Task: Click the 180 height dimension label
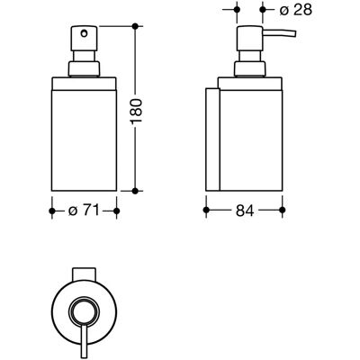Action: pos(137,111)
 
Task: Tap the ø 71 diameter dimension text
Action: pos(84,211)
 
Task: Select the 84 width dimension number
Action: pos(245,211)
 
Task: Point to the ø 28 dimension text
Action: pos(295,10)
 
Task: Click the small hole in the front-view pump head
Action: pos(85,32)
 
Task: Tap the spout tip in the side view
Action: pos(294,33)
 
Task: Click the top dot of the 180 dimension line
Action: pos(135,26)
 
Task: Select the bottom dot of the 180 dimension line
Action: pos(135,191)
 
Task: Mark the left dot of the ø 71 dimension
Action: pos(52,211)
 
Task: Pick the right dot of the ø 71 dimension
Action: pos(117,211)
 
